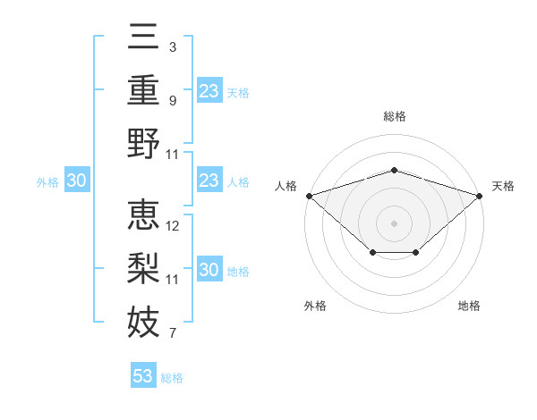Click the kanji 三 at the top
[x=143, y=37]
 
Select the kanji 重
[x=143, y=90]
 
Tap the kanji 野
[x=143, y=143]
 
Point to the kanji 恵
[x=143, y=214]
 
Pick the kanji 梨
[x=143, y=268]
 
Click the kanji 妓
[x=143, y=322]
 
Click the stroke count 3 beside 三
[x=173, y=47]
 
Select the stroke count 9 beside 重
[x=173, y=101]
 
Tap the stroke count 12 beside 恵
[x=172, y=226]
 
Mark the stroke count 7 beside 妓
[x=173, y=333]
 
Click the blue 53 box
[x=143, y=374]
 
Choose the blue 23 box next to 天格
[x=209, y=90]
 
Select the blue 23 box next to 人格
[x=209, y=180]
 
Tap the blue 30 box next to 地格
[x=209, y=268]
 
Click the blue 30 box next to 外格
[x=77, y=180]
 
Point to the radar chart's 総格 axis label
[x=395, y=116]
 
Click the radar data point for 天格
[x=480, y=196]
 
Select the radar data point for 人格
[x=310, y=196]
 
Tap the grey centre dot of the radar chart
[x=394, y=223]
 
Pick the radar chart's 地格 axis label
[x=469, y=306]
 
